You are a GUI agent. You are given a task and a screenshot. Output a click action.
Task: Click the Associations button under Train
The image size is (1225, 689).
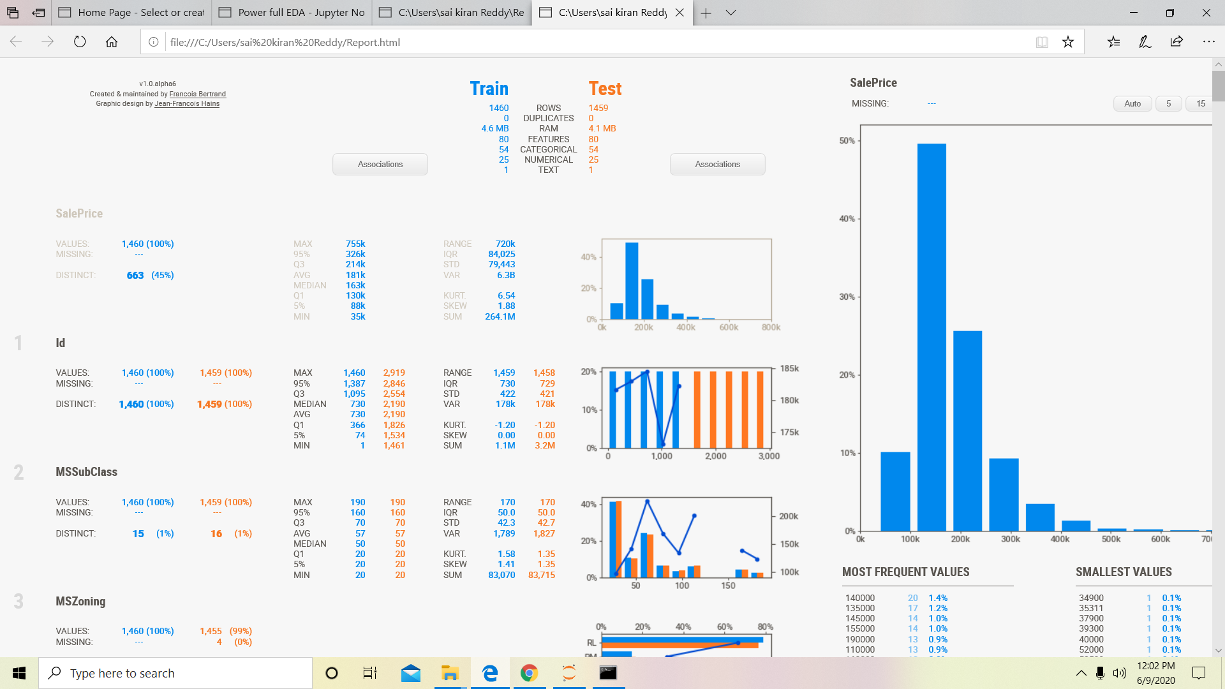coord(380,164)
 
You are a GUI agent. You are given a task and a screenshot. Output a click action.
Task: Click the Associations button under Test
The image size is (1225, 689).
coord(717,164)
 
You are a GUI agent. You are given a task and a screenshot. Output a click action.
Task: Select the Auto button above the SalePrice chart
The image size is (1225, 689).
coord(1132,103)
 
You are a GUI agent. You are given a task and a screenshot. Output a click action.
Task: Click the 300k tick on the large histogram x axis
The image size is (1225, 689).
coord(1010,539)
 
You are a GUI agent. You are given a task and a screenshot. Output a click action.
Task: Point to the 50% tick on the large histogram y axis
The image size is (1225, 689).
coord(847,140)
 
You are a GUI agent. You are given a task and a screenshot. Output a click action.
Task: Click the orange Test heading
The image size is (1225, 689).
coord(604,89)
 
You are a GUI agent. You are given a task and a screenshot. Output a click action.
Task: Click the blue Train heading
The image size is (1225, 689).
coord(489,89)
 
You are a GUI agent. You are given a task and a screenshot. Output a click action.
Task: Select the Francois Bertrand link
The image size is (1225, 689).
coord(197,94)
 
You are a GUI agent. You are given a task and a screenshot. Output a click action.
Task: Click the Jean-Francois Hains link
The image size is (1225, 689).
coord(187,103)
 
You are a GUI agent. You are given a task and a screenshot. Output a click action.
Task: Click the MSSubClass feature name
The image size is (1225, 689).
coord(86,472)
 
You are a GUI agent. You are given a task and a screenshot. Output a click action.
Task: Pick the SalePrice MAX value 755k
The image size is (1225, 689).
coord(355,244)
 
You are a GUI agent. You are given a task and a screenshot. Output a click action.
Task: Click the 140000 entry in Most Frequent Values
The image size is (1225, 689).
coord(859,598)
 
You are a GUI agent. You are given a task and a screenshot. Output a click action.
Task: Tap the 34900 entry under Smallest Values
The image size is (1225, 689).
coord(1091,598)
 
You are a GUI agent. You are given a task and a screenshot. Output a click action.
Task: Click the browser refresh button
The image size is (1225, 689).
coord(80,42)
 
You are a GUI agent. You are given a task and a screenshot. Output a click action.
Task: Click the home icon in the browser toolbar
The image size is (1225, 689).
coord(112,42)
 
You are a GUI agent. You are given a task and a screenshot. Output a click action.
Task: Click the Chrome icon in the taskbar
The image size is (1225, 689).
coord(529,673)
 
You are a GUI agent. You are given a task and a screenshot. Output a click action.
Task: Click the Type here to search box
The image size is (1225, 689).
coord(175,673)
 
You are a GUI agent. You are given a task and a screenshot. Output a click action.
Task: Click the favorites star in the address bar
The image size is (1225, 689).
coord(1068,42)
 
